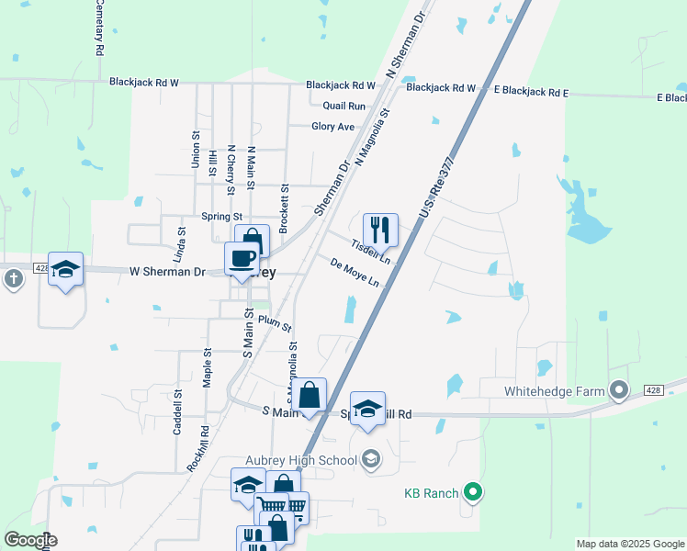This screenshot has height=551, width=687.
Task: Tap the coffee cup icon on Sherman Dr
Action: (x=242, y=259)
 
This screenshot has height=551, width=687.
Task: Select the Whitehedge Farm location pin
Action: (x=620, y=391)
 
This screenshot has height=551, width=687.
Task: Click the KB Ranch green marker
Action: (x=473, y=493)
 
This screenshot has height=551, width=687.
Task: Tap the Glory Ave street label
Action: (x=332, y=127)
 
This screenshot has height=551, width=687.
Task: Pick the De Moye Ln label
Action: (x=355, y=272)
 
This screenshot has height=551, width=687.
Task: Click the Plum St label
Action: (x=275, y=324)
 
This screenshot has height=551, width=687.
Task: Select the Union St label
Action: (x=196, y=149)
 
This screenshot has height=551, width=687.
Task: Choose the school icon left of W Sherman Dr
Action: (x=65, y=269)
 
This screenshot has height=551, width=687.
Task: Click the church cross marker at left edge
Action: (x=13, y=279)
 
